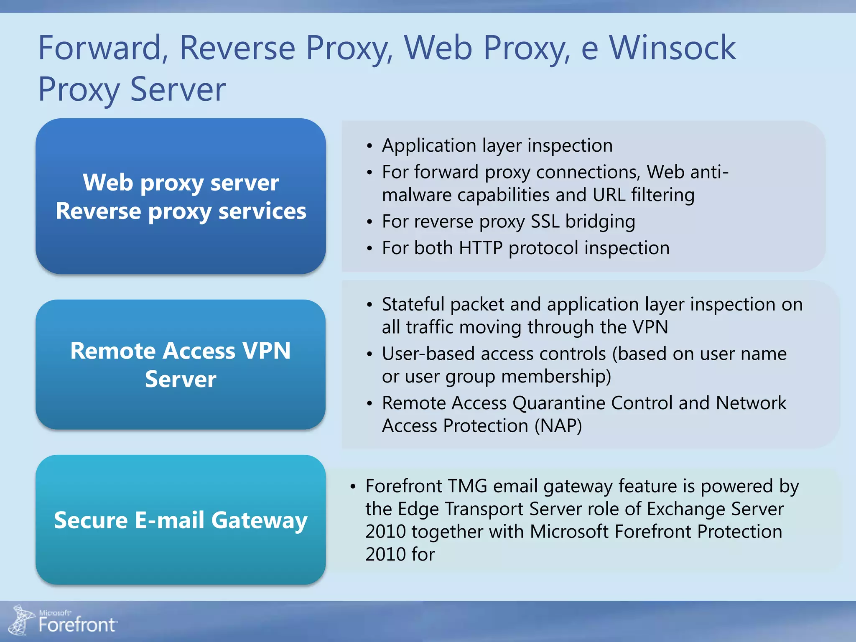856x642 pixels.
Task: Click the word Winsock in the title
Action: pyautogui.click(x=673, y=48)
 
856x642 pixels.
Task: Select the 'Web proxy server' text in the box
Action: pyautogui.click(x=181, y=183)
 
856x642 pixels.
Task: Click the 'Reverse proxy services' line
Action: pyautogui.click(x=181, y=211)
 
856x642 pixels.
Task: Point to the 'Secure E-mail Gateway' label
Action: pyautogui.click(x=181, y=520)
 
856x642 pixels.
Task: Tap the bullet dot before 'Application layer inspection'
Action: pyautogui.click(x=369, y=146)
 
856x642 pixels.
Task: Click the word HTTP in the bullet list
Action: pyautogui.click(x=480, y=248)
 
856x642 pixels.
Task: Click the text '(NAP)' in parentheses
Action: pyautogui.click(x=558, y=426)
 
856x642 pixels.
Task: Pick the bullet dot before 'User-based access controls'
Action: pyautogui.click(x=369, y=354)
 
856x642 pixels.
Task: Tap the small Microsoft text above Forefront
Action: pyautogui.click(x=55, y=613)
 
